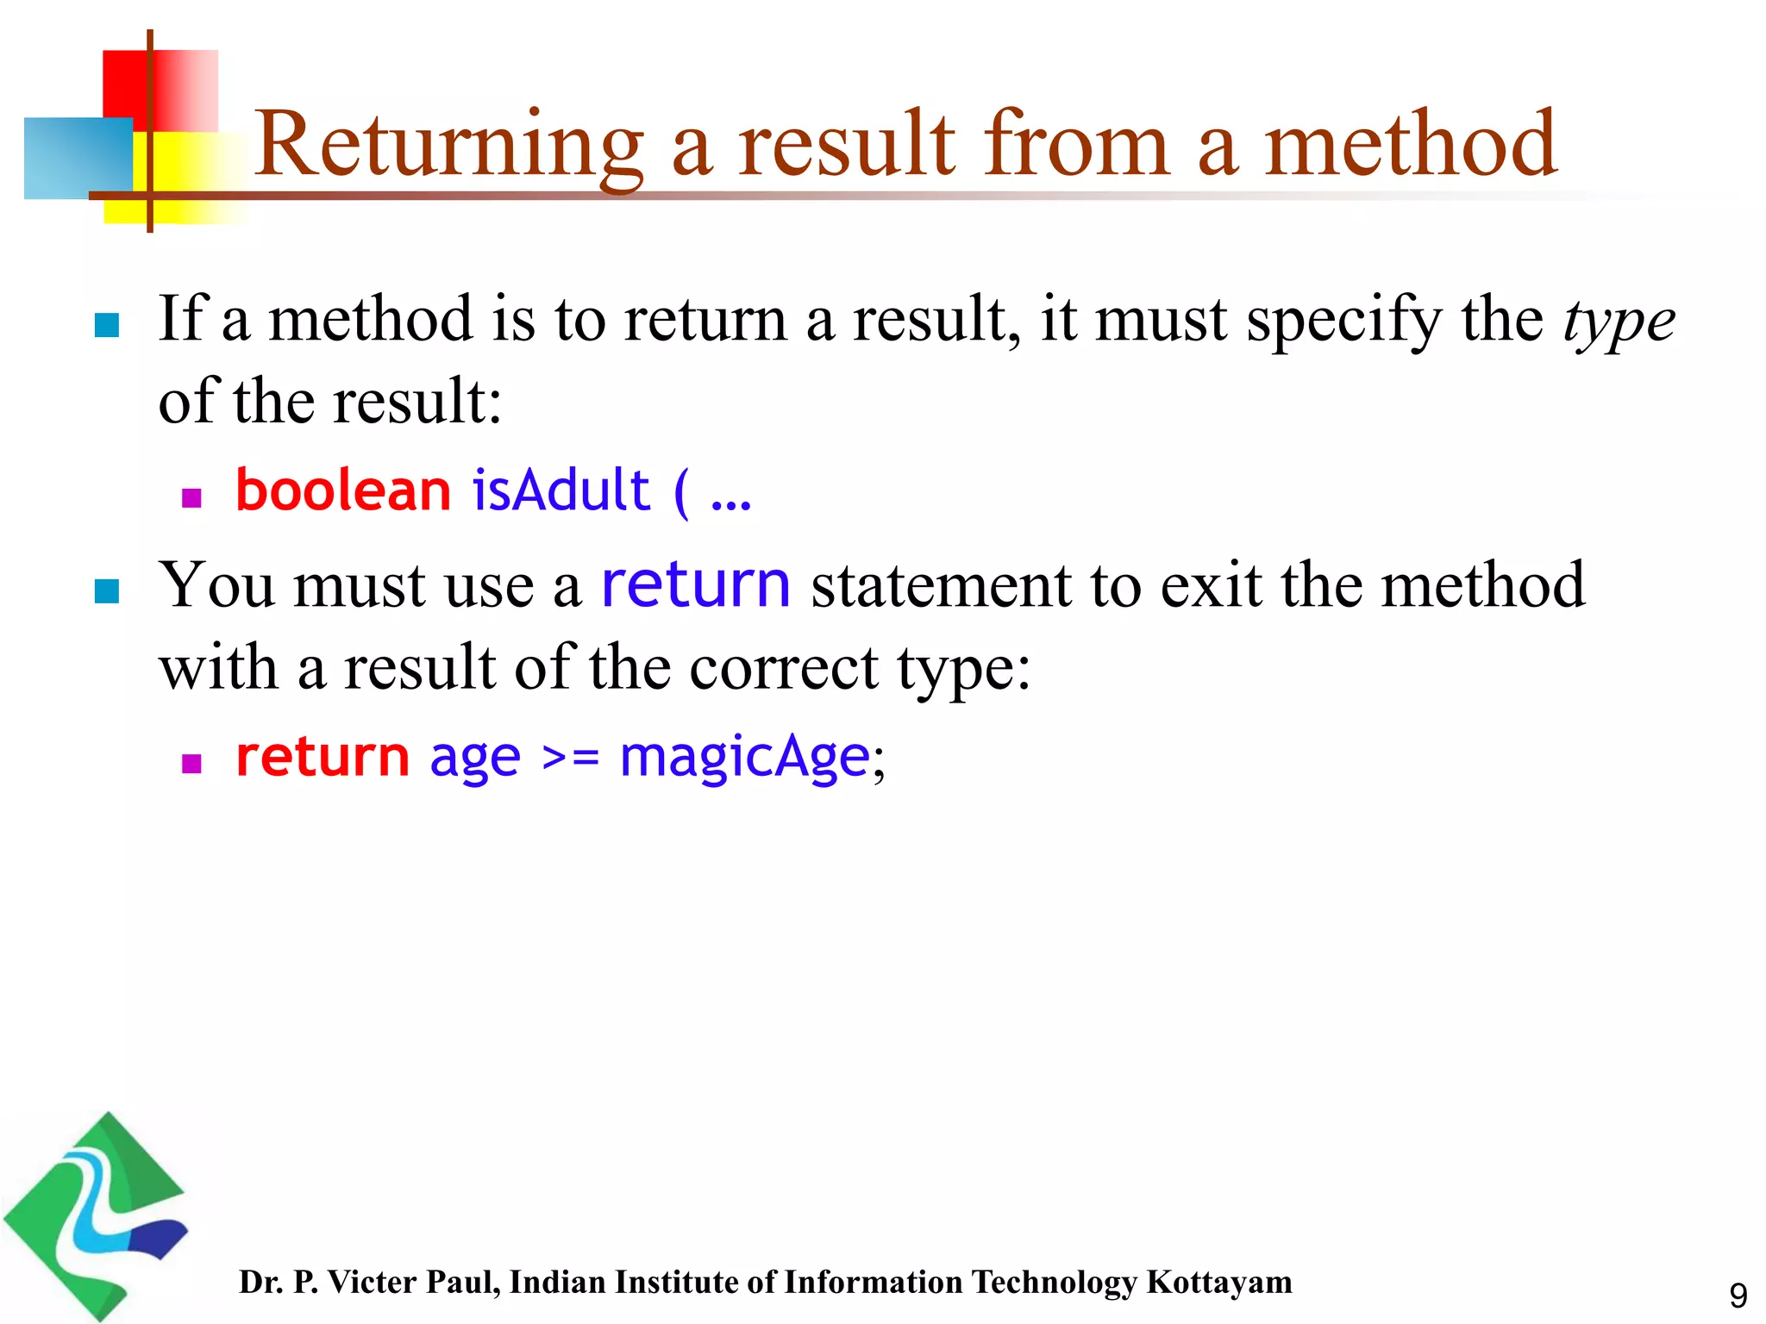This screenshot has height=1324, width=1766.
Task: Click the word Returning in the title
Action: click(448, 145)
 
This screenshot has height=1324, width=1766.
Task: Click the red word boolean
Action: click(343, 490)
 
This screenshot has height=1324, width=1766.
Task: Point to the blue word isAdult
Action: click(560, 490)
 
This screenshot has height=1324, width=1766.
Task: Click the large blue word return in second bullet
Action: click(695, 584)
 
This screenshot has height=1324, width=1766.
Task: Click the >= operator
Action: click(570, 759)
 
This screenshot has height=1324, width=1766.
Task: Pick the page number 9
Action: click(1738, 1296)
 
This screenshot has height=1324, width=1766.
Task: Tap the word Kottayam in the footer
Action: click(1218, 1283)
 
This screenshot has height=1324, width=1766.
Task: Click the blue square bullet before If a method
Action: click(106, 325)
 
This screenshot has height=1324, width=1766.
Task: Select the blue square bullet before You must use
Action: click(106, 591)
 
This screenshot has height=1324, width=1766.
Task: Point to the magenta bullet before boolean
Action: click(191, 498)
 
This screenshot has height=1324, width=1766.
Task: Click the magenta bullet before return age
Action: click(191, 764)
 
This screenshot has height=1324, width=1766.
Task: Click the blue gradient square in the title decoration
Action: click(78, 159)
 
